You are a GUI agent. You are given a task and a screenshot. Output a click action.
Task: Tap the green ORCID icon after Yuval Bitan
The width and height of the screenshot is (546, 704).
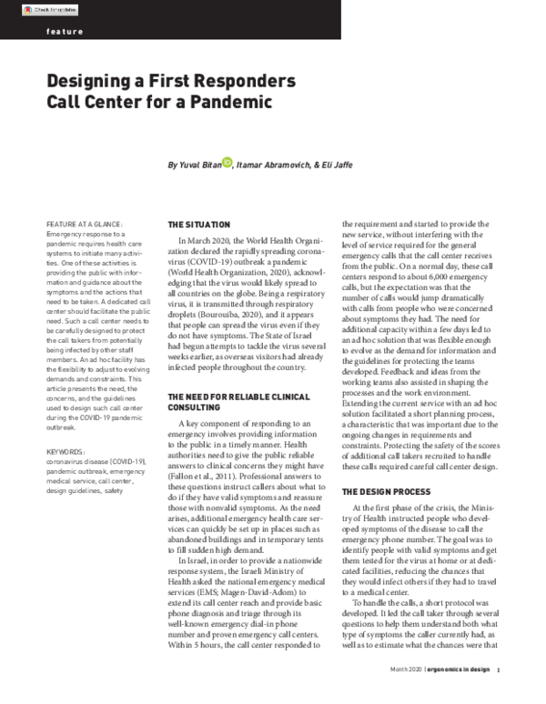[227, 164]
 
